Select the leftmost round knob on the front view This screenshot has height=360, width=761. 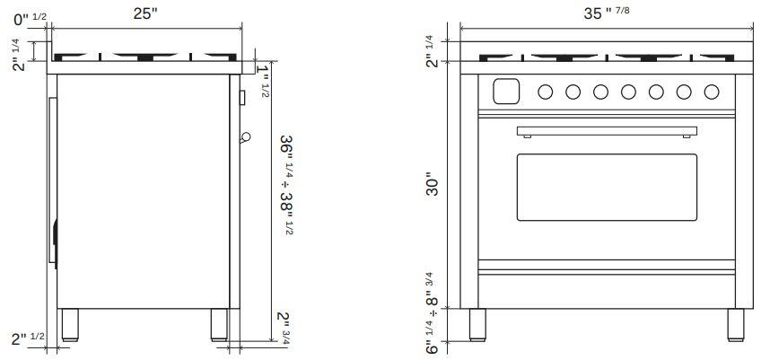click(546, 92)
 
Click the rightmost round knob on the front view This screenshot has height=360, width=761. click(712, 92)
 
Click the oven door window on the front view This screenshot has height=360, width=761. click(607, 187)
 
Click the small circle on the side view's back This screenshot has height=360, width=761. click(244, 136)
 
